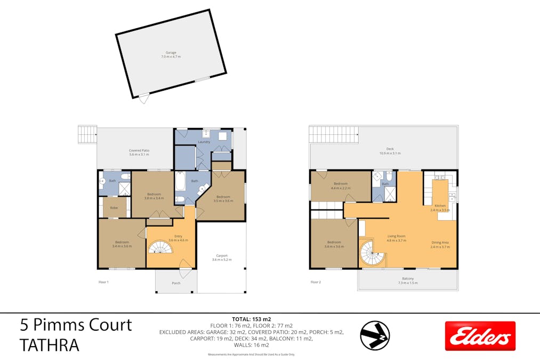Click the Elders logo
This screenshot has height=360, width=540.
coord(480,336)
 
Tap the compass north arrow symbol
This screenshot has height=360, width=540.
coord(374,335)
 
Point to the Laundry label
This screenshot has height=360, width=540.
coord(204,142)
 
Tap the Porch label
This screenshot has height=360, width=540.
coord(176,283)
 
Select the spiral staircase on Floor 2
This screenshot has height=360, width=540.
coord(372,253)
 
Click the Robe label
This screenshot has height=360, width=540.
coord(114,207)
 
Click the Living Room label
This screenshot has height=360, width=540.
coord(397,238)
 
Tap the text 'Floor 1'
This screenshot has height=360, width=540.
coord(103,282)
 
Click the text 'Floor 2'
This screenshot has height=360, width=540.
coord(316,282)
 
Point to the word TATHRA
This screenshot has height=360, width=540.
coord(50,345)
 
